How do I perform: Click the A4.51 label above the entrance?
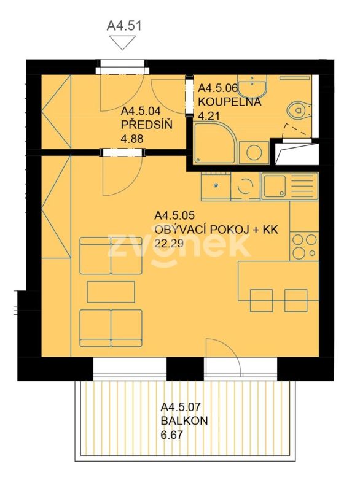[124, 26]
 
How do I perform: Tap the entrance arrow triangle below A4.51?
[122, 42]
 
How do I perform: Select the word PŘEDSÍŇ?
[147, 125]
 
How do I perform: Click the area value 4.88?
[132, 139]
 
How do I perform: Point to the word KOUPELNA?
[230, 102]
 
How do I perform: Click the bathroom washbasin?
[252, 85]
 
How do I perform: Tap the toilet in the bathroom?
[299, 110]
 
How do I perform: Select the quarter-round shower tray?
[214, 143]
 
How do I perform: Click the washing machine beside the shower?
[254, 152]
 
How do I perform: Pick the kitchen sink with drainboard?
[289, 186]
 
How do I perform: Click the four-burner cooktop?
[304, 246]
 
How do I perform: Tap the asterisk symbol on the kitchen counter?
[216, 186]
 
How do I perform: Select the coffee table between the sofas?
[111, 292]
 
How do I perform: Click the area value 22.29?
[168, 243]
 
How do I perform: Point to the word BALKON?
[184, 420]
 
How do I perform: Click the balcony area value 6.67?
[171, 435]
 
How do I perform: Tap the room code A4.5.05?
[174, 215]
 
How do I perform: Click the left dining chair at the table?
[261, 301]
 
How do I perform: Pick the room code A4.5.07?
[181, 407]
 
